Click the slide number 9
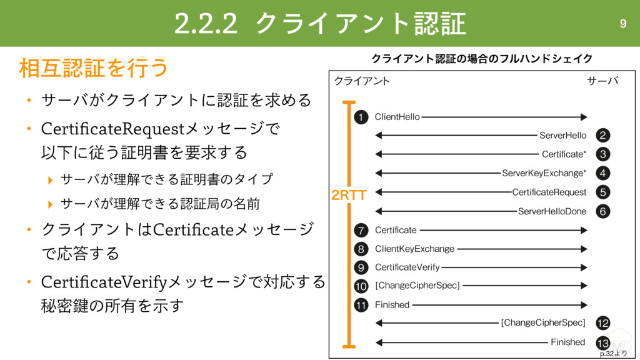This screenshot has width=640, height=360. click(622, 24)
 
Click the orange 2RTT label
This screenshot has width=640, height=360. click(348, 196)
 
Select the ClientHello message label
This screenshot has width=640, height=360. click(397, 117)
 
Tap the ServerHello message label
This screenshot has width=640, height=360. click(562, 136)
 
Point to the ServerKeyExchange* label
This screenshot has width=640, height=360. click(544, 173)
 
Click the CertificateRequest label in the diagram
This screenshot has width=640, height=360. click(549, 192)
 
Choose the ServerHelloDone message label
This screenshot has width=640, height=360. click(552, 211)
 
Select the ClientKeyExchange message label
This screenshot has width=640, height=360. click(414, 249)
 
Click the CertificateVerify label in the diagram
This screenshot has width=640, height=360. click(407, 267)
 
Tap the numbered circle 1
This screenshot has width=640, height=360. click(361, 117)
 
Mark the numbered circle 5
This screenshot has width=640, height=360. click(602, 192)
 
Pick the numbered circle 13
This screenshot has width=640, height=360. click(602, 343)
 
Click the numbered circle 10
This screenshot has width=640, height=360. click(361, 286)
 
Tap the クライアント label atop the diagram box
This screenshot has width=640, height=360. click(362, 81)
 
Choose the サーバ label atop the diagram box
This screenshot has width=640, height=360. click(602, 81)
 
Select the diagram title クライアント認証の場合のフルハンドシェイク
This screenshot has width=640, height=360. click(482, 59)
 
